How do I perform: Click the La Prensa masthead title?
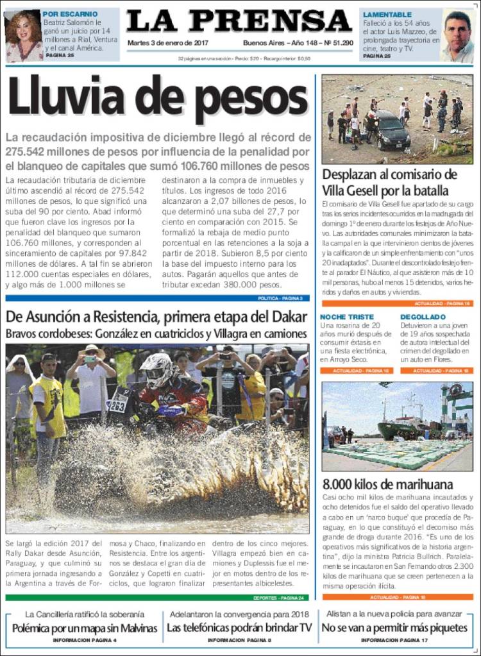click(239, 21)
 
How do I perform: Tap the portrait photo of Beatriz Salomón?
click(23, 36)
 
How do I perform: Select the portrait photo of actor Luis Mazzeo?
click(457, 36)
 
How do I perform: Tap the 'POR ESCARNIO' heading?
click(70, 13)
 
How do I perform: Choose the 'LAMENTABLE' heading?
click(387, 14)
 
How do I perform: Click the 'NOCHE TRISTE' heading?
click(346, 317)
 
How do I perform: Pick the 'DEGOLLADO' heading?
click(422, 317)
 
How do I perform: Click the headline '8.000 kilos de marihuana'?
click(387, 484)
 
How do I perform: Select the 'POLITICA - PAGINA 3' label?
click(280, 298)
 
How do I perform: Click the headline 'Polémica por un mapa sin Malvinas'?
click(85, 628)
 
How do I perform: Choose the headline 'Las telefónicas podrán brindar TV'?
click(240, 628)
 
